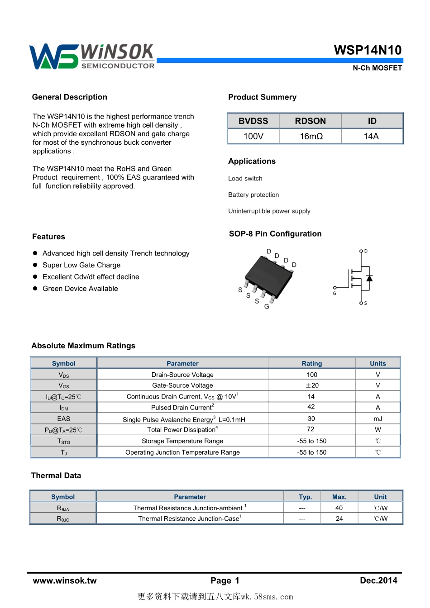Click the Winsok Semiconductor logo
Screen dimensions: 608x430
[x=92, y=57]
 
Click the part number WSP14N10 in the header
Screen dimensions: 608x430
[x=368, y=50]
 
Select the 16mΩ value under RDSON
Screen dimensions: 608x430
[x=311, y=136]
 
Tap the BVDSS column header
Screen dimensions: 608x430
[x=253, y=121]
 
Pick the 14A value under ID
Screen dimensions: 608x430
[x=371, y=136]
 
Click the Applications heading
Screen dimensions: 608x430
[x=252, y=161]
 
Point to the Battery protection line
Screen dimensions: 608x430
[x=253, y=195]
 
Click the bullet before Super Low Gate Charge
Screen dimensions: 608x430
[x=35, y=265]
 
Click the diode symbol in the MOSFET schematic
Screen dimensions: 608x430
[x=369, y=278]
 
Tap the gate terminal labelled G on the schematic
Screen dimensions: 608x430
[x=334, y=288]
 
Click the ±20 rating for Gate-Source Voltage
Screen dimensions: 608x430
[x=312, y=385]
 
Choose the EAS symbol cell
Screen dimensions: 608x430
[x=64, y=419]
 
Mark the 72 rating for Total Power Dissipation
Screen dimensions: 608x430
[x=311, y=429]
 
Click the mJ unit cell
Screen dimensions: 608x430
[x=378, y=419]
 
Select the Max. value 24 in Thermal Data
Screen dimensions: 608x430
[x=339, y=518]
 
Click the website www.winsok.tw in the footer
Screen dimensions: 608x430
[x=65, y=580]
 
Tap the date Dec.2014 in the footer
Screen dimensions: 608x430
[x=378, y=580]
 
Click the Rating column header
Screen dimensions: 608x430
[x=312, y=363]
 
